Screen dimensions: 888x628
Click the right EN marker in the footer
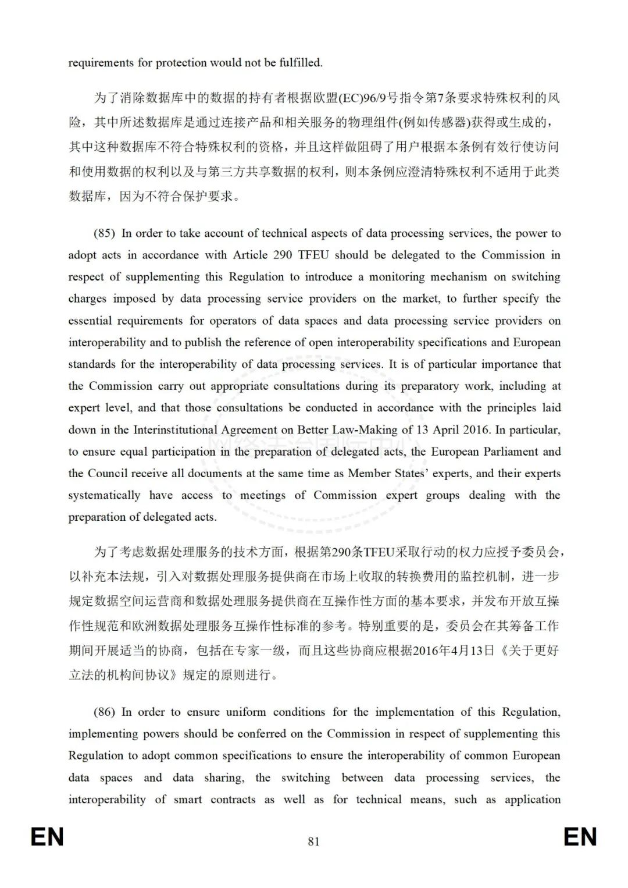pos(580,837)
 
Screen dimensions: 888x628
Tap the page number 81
pos(314,841)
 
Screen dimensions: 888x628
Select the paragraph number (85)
pos(104,233)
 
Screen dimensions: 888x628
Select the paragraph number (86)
pos(104,712)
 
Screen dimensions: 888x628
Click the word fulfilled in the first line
pos(300,63)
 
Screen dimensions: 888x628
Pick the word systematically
pos(104,495)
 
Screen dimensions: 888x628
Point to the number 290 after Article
pos(283,255)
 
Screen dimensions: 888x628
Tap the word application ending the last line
pos(532,800)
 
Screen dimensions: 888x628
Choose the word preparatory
pos(429,386)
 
